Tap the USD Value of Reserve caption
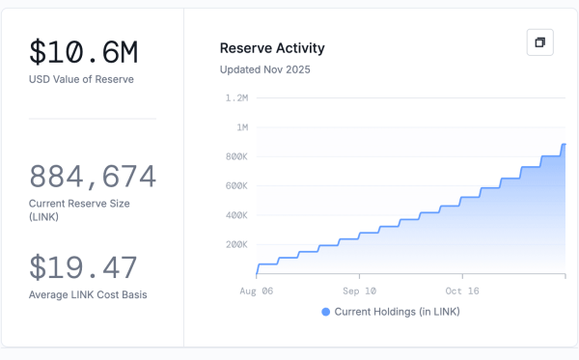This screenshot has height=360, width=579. [81, 79]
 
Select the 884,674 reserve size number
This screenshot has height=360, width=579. [93, 177]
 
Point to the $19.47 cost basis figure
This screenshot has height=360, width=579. [83, 267]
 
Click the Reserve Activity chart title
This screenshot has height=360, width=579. [272, 48]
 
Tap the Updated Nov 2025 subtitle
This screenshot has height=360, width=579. [265, 69]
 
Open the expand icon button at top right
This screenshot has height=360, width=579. [539, 42]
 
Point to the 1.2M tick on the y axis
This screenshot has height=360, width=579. [236, 97]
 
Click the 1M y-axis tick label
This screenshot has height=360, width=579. [241, 127]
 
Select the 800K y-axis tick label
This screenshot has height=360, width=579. [236, 156]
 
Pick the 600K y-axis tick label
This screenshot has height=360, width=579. [236, 185]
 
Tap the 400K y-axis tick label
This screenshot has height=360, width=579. [236, 215]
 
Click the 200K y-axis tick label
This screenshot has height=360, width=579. [236, 244]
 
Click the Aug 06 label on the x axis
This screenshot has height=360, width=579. [256, 290]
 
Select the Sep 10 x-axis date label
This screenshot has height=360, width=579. [359, 290]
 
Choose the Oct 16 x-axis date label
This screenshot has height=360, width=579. [462, 290]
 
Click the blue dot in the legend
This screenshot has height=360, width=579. [325, 312]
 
